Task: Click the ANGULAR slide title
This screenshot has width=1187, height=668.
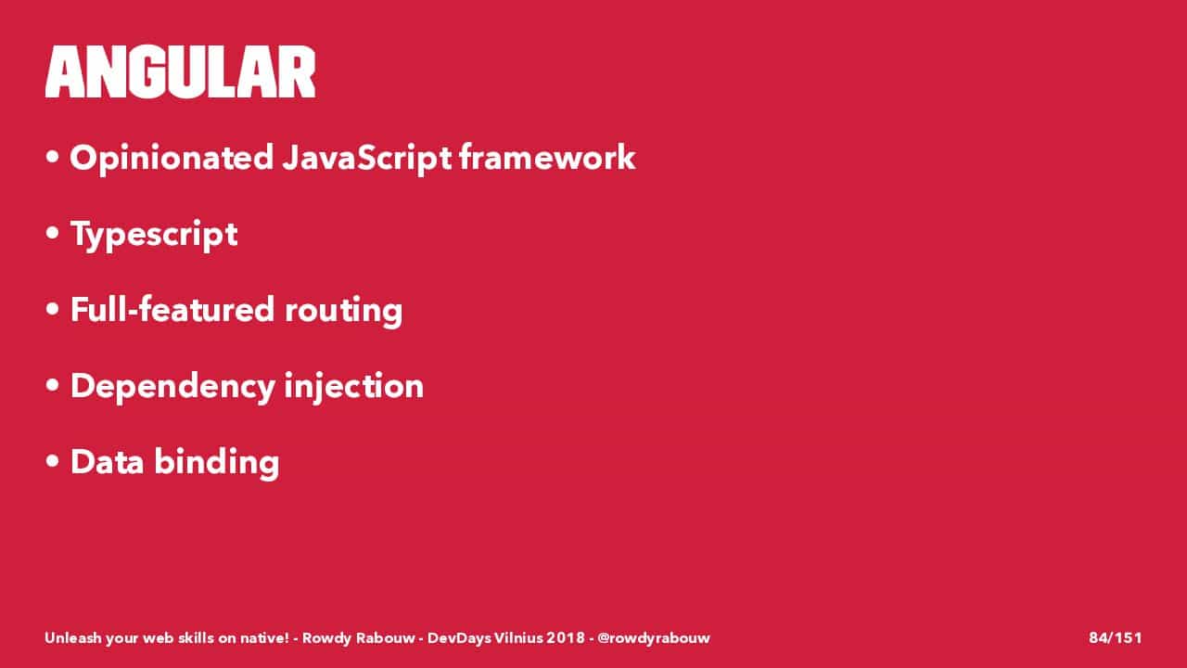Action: (x=180, y=71)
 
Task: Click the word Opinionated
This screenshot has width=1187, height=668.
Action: (x=172, y=159)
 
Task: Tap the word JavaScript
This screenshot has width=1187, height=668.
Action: (x=366, y=159)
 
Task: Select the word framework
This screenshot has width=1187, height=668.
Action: (x=547, y=157)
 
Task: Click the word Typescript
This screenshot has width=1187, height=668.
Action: (x=154, y=235)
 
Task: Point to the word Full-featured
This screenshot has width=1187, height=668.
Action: (x=172, y=309)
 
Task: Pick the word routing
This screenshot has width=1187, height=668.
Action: (x=343, y=312)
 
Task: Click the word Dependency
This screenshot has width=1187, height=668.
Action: (x=172, y=387)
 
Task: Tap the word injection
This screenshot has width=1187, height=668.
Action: (x=354, y=387)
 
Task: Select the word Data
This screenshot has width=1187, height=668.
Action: (x=107, y=461)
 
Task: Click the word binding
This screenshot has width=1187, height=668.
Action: (x=217, y=463)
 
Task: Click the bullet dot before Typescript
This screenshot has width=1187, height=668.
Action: (x=52, y=233)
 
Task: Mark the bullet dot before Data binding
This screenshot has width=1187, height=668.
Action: (x=52, y=461)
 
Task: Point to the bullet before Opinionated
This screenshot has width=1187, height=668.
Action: (x=52, y=157)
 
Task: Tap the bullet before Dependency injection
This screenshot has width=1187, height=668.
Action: (x=52, y=385)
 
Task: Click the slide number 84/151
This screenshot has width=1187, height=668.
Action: (x=1115, y=637)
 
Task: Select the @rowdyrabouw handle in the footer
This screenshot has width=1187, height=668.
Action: (x=654, y=637)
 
